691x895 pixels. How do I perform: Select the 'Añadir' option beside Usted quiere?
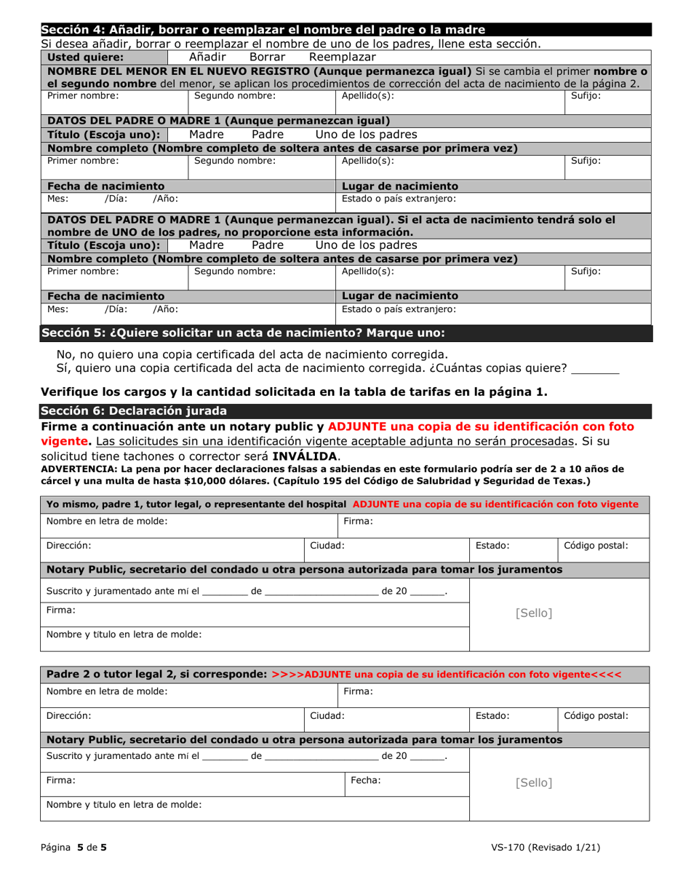(209, 57)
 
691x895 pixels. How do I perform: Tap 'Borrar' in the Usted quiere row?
(269, 57)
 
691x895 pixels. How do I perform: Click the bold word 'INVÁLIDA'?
(305, 456)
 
